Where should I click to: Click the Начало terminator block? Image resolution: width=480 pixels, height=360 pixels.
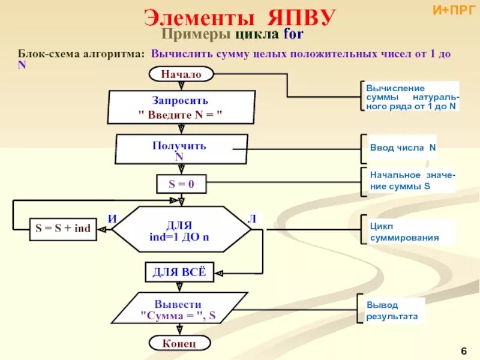click(x=180, y=74)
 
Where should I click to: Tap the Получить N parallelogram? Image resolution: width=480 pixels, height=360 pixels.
click(x=179, y=150)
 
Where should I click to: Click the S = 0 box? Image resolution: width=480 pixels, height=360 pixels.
click(x=181, y=184)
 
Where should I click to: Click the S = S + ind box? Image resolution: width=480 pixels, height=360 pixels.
click(x=63, y=229)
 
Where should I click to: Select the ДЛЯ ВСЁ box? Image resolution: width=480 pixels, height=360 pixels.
click(x=179, y=272)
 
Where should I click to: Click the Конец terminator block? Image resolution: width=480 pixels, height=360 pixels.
click(x=179, y=343)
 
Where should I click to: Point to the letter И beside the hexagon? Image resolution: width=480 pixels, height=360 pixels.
click(x=112, y=218)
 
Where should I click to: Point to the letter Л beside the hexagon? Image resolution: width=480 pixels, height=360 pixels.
click(x=252, y=218)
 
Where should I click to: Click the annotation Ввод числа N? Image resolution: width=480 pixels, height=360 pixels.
click(x=403, y=148)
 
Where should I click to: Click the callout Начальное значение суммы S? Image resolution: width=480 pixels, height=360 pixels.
click(x=411, y=180)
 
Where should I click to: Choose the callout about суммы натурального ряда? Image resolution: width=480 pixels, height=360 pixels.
click(x=412, y=97)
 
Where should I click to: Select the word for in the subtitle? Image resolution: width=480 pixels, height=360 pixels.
click(x=294, y=34)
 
